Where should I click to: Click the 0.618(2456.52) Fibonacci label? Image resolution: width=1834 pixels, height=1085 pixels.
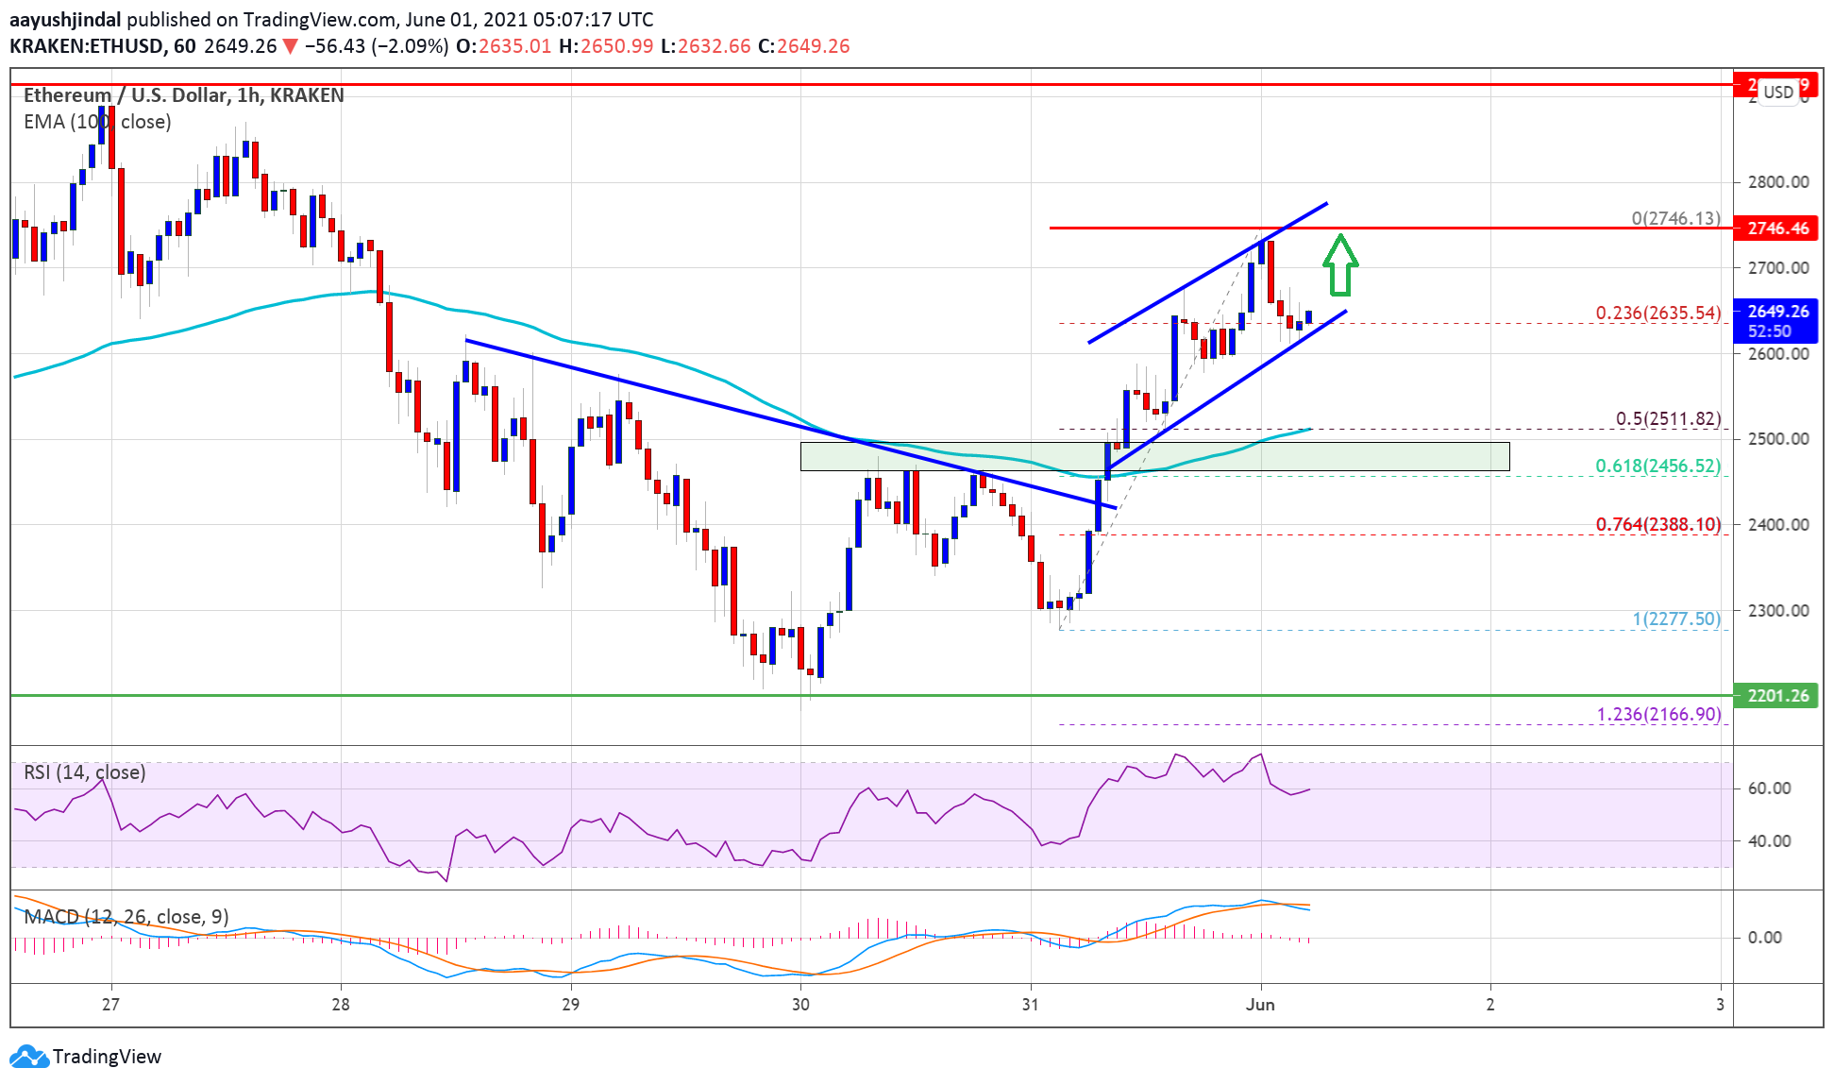(1657, 466)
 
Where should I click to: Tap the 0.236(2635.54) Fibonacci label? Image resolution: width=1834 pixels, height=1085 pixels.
(1657, 313)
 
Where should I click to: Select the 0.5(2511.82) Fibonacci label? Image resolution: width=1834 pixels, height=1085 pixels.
(1668, 418)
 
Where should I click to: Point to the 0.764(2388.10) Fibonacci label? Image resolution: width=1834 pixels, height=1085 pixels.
(1657, 524)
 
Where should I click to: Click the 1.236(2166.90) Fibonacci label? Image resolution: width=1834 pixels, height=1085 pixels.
(1658, 714)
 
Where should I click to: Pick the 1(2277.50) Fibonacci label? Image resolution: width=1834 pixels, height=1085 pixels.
(1676, 619)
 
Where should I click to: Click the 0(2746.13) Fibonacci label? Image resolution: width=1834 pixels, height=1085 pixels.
(1675, 218)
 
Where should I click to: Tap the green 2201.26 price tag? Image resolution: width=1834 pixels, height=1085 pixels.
(1777, 696)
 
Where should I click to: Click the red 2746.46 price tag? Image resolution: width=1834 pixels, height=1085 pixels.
(1777, 229)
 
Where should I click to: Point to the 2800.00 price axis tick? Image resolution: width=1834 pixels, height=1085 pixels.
(1777, 182)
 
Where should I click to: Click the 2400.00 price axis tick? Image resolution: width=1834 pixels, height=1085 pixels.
(1777, 525)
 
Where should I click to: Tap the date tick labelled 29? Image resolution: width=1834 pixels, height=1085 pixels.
(570, 1004)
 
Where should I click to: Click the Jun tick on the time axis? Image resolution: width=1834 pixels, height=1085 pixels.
(1260, 1004)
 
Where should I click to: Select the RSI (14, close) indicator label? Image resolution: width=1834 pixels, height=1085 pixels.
(84, 772)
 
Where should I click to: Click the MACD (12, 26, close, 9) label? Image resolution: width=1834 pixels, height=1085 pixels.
(126, 916)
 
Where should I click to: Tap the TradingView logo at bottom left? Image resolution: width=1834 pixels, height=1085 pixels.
(86, 1056)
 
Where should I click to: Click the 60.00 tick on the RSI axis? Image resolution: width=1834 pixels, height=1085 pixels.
(1768, 788)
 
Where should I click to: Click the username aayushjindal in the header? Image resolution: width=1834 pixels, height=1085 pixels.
(65, 19)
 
